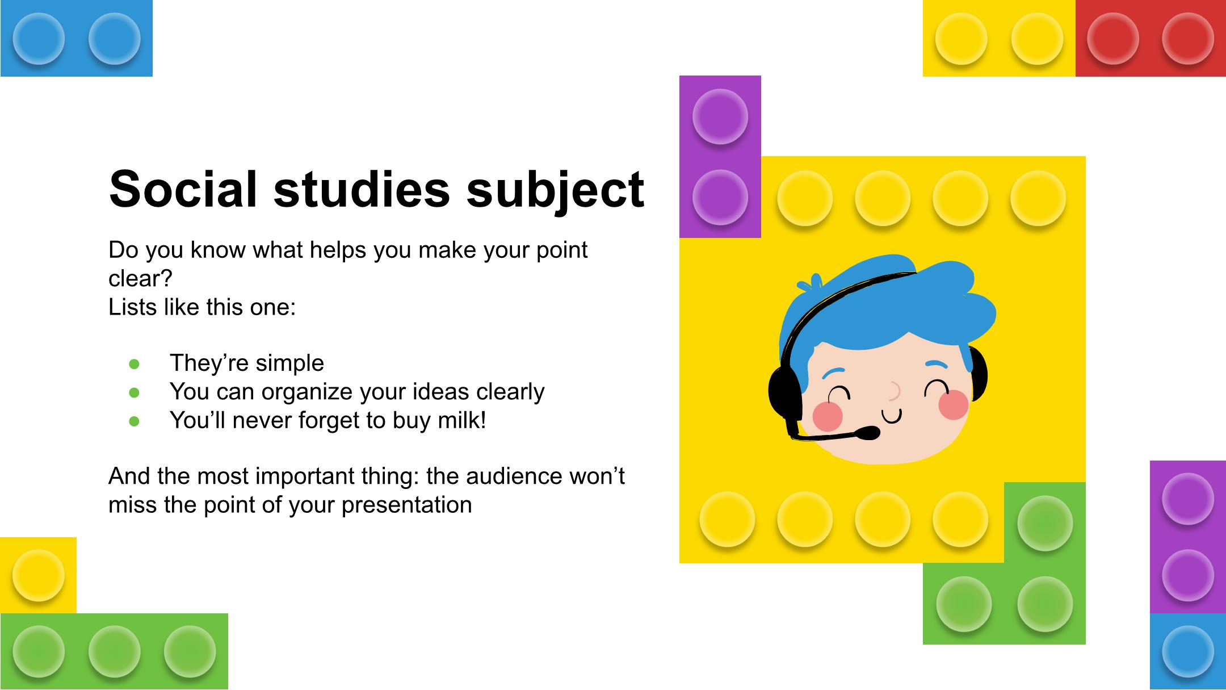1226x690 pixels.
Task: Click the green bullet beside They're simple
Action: click(135, 364)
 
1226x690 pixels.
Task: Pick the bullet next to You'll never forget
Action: click(135, 421)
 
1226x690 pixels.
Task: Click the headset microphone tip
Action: click(869, 433)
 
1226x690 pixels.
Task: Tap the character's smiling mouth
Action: click(892, 417)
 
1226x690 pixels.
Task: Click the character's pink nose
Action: click(895, 391)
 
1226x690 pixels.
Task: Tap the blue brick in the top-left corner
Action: click(77, 38)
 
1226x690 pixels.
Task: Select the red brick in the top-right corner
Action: click(1151, 38)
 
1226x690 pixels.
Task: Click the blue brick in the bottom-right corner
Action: click(1188, 651)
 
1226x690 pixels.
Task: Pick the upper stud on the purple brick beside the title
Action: click(720, 116)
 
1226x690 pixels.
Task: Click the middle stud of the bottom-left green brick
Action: click(114, 651)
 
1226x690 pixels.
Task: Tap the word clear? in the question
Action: click(140, 278)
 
